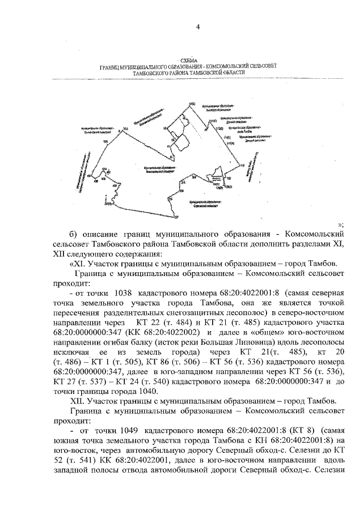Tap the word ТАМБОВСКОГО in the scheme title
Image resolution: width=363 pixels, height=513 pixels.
[x=153, y=73]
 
